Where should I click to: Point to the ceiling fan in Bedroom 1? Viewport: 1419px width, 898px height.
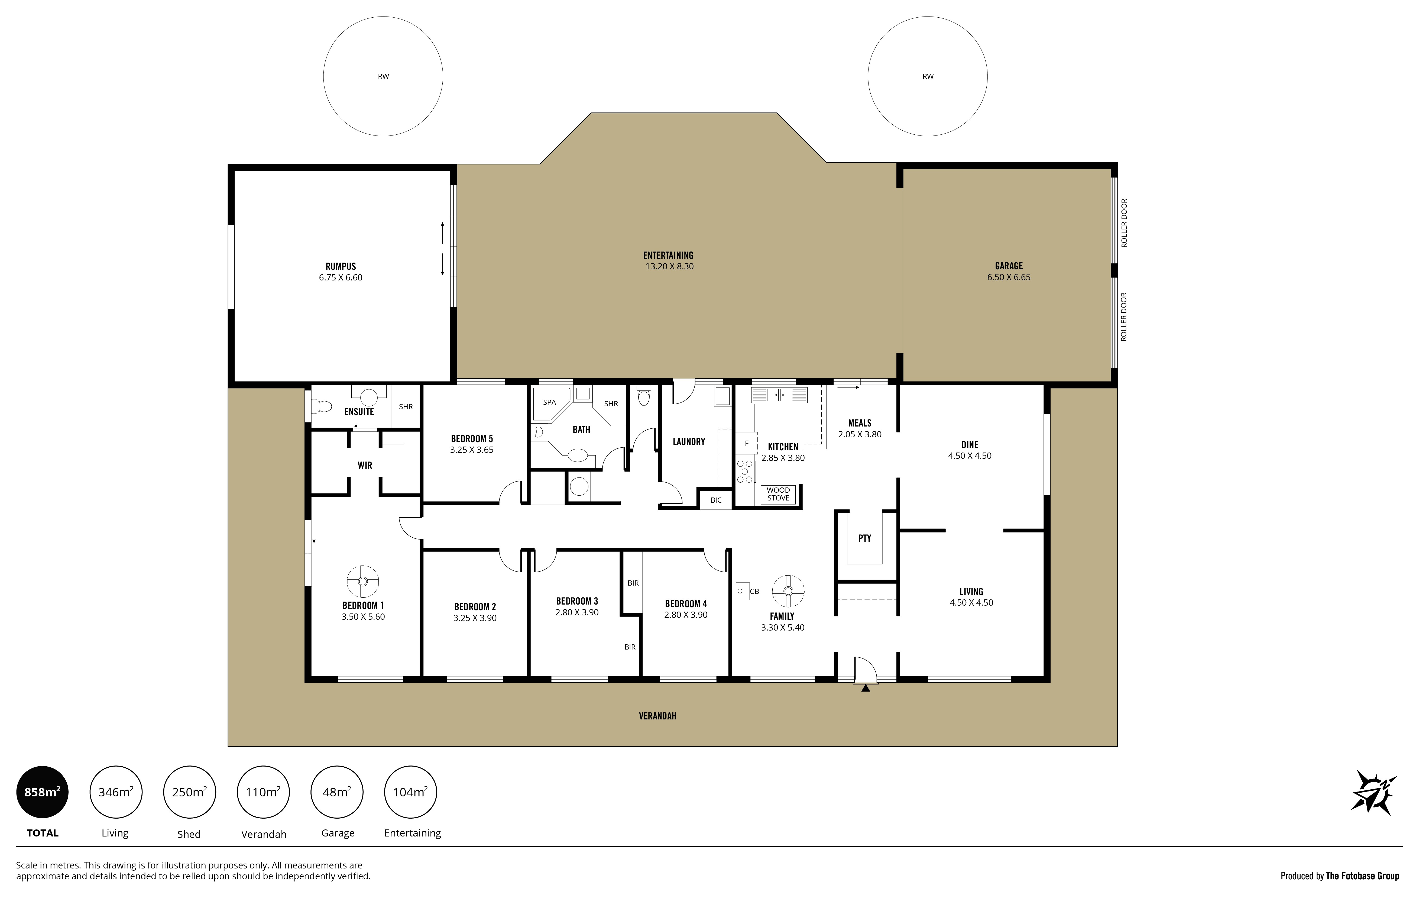pos(362,582)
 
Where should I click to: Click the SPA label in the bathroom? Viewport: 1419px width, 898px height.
pos(549,402)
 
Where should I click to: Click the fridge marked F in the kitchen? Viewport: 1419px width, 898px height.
pos(746,443)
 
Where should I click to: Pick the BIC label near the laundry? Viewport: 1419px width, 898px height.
pos(716,500)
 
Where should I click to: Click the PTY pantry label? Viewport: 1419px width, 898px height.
pos(864,538)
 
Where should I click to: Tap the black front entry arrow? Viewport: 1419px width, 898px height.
pos(865,688)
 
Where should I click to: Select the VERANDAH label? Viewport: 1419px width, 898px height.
pos(658,716)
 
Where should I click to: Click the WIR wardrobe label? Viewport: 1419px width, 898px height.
pos(365,466)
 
